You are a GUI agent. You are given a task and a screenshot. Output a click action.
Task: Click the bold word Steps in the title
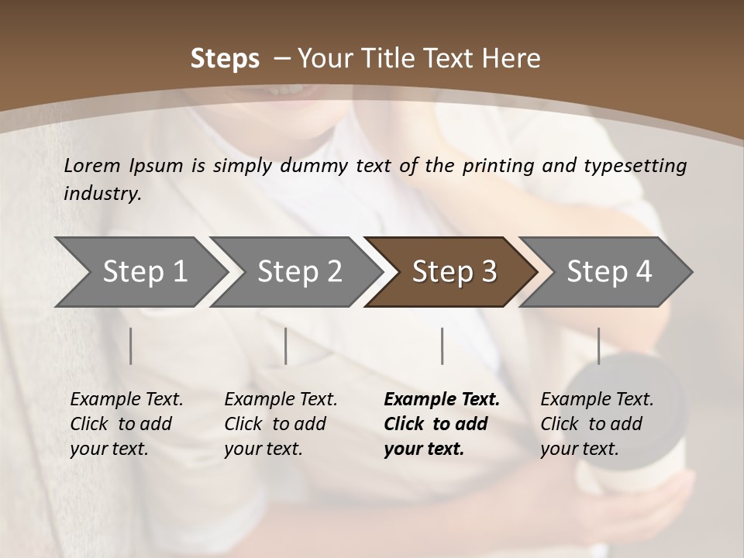(225, 59)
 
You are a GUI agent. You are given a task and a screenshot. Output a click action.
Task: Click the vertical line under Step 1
(131, 346)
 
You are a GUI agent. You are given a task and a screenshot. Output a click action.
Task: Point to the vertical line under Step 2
(286, 346)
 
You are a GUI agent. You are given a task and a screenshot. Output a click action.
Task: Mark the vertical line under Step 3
(442, 346)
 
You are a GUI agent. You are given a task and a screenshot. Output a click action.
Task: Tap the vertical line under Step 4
(598, 346)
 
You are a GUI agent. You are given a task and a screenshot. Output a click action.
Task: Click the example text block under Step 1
(126, 424)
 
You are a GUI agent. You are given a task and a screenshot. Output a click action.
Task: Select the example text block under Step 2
(281, 424)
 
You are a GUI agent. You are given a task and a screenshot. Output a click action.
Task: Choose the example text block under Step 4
(597, 424)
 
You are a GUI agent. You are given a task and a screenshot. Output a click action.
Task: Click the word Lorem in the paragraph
(91, 166)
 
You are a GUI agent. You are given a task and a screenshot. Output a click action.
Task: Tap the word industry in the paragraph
(102, 194)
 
